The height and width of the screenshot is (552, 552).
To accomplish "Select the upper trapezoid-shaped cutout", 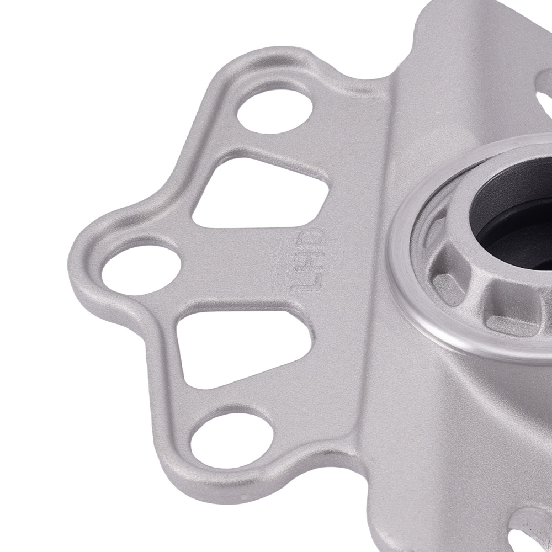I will [x=259, y=193].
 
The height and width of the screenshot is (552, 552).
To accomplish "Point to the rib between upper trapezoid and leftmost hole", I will [x=182, y=232].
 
